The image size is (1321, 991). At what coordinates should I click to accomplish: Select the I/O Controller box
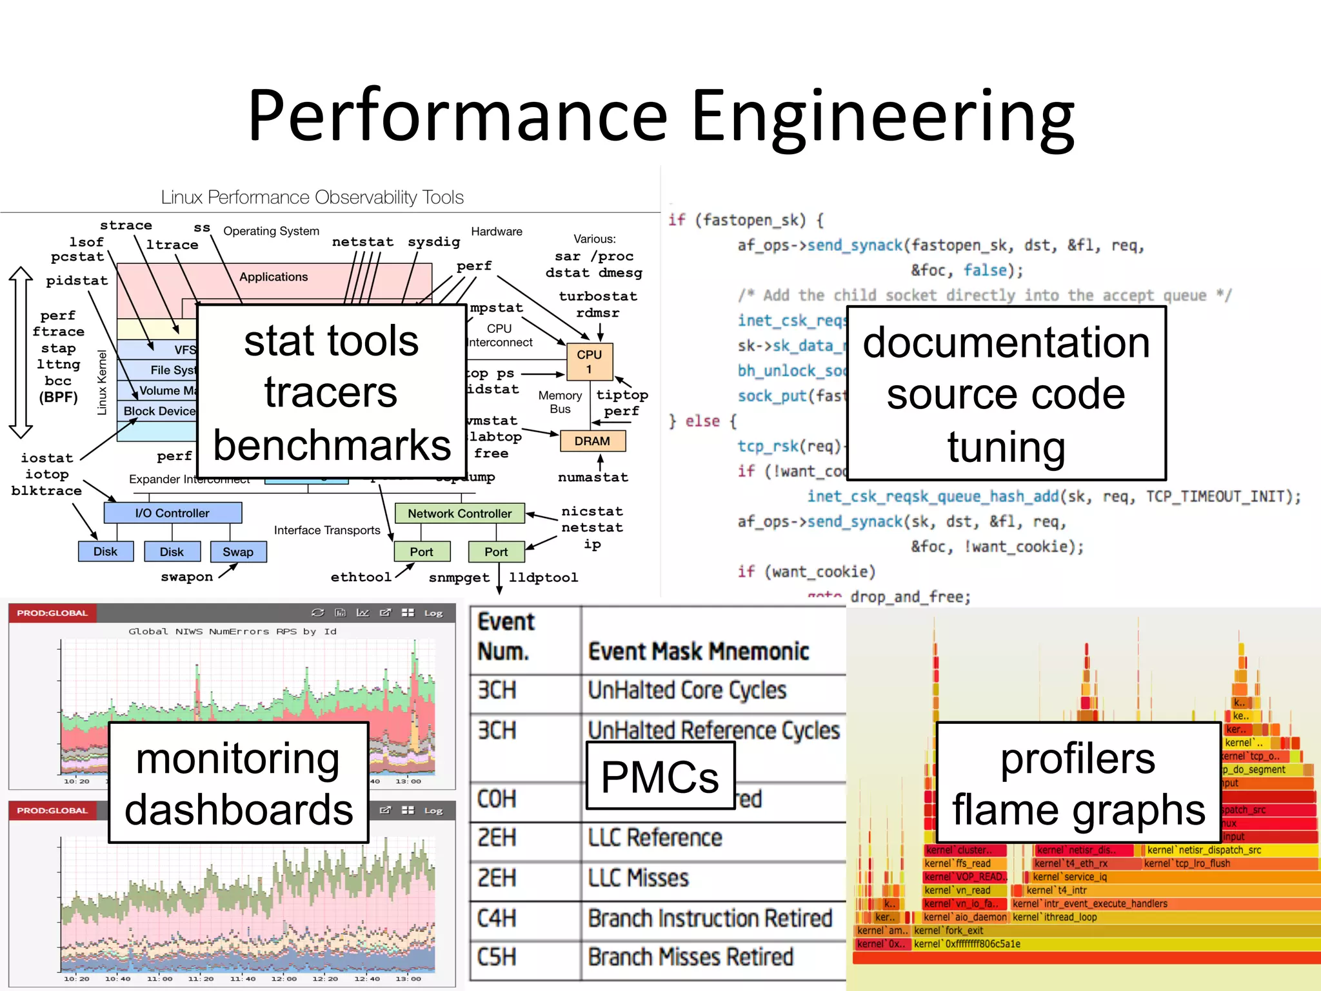(172, 513)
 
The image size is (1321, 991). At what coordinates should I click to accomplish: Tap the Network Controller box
(459, 514)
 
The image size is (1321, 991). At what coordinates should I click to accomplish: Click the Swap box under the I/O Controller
(238, 552)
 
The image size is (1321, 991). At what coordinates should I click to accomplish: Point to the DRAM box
(592, 441)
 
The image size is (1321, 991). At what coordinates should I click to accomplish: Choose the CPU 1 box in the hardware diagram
(589, 361)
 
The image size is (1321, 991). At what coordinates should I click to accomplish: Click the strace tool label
(126, 225)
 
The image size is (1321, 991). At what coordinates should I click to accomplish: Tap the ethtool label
(361, 577)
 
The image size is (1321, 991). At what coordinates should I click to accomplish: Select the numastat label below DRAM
(593, 477)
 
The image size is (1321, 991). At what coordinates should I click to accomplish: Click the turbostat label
(598, 296)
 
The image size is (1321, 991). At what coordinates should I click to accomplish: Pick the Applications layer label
(273, 277)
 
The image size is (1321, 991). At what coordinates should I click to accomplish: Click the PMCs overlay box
(660, 776)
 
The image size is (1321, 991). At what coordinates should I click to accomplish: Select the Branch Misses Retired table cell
(690, 957)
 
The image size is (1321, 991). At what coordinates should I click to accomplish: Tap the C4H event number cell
(497, 918)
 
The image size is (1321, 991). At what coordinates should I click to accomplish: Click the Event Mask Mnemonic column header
(699, 652)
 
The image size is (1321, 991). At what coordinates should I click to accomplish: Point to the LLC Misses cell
(639, 878)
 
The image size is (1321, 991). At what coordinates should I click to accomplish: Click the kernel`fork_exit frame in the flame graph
(948, 930)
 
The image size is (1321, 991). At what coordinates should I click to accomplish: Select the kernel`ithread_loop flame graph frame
(1055, 917)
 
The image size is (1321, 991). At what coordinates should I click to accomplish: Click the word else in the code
(702, 421)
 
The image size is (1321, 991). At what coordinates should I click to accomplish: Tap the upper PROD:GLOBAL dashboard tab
(52, 613)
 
